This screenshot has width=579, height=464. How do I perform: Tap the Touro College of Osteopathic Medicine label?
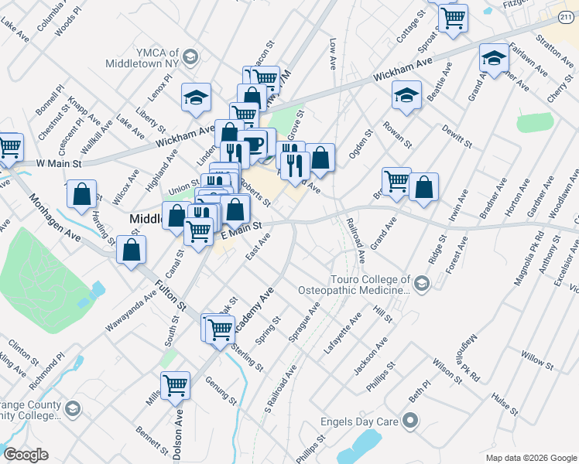point(354,285)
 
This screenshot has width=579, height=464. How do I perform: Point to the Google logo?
point(25,455)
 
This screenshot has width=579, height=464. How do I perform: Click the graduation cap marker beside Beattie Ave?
point(406,94)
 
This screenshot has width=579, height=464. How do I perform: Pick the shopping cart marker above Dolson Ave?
point(176,384)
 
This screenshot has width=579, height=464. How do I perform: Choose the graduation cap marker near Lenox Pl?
point(197,97)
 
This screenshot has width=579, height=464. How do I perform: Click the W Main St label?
point(59,164)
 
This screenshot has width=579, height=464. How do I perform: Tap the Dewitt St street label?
point(457,136)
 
